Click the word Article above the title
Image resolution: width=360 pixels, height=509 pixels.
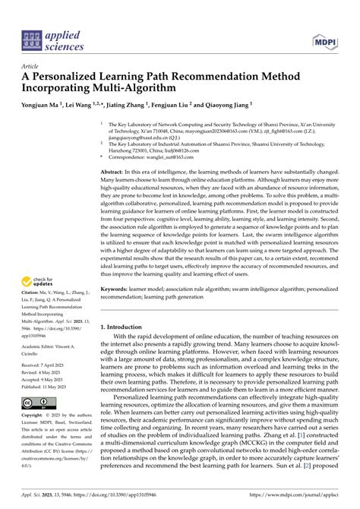[x=32, y=66]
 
